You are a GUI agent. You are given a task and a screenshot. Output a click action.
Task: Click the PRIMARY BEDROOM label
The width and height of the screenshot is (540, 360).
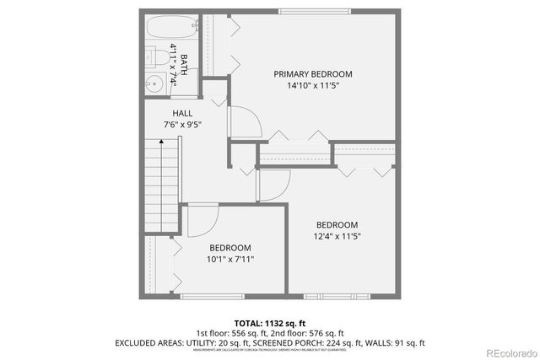click(313, 74)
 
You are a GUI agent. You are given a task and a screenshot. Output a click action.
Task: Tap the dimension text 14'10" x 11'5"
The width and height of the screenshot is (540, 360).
click(313, 86)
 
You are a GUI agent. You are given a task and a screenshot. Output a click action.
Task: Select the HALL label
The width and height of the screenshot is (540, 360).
click(182, 113)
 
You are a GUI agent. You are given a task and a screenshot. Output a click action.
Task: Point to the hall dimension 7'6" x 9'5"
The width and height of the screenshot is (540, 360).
click(182, 125)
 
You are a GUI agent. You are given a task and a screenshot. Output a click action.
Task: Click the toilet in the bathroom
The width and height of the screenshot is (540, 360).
click(155, 56)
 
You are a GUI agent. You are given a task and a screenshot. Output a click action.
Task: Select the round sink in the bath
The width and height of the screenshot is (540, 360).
click(154, 83)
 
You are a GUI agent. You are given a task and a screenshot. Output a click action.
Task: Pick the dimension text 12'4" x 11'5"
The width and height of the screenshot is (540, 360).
click(337, 236)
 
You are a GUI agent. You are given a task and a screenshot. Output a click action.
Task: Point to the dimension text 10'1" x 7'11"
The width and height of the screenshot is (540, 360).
click(231, 259)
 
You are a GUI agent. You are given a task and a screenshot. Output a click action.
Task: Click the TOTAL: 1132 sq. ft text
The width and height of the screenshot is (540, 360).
click(270, 323)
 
